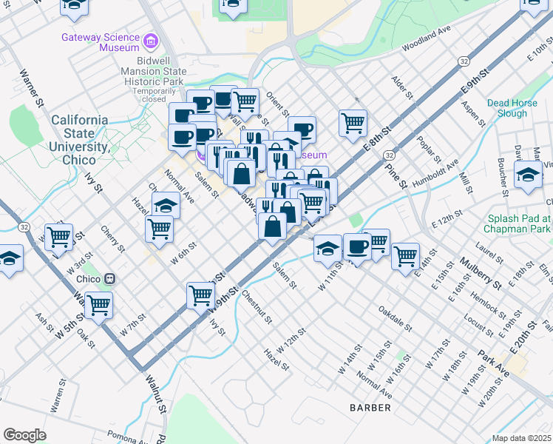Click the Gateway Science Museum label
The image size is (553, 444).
[x=101, y=42]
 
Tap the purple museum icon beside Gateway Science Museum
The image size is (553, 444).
[x=152, y=40]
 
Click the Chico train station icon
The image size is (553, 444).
[x=110, y=279]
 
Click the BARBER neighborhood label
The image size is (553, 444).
[x=370, y=408]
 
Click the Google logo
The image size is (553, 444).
[x=24, y=435]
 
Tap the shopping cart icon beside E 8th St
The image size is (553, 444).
[x=353, y=121]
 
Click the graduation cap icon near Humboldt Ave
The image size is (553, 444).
[x=528, y=176]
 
